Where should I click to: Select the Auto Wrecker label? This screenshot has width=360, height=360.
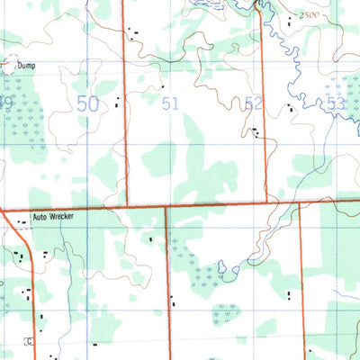click(x=52, y=217)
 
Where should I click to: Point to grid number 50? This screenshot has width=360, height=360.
click(x=87, y=104)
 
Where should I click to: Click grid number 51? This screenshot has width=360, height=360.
click(x=171, y=104)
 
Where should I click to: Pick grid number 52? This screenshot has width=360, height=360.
click(x=254, y=104)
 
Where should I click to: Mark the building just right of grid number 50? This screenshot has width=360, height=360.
click(x=118, y=100)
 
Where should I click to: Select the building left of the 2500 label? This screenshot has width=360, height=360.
click(x=288, y=20)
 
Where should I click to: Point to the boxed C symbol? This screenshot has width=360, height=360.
click(x=27, y=341)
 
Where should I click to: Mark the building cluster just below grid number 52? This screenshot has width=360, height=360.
click(x=257, y=133)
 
